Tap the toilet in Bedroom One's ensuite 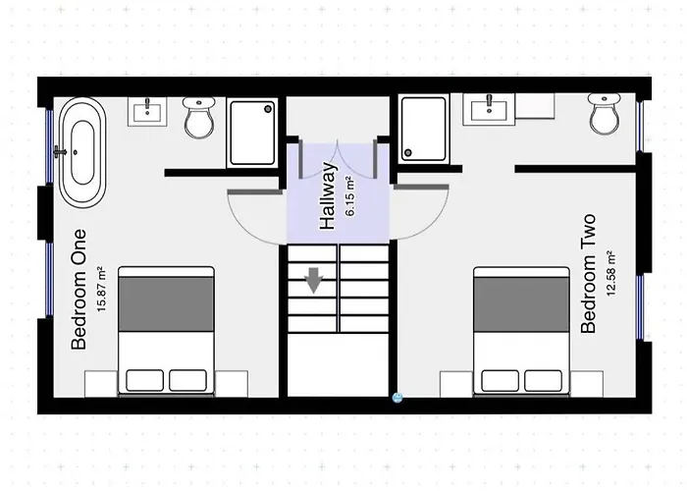[x=199, y=119]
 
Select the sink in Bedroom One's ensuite [x=150, y=110]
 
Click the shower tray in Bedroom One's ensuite [x=253, y=132]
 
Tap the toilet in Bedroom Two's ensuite [x=605, y=116]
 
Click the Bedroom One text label [x=79, y=290]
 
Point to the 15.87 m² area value [x=101, y=291]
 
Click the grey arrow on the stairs [x=314, y=281]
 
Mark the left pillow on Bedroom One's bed [x=144, y=379]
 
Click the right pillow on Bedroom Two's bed [x=543, y=379]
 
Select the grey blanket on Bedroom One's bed [x=166, y=303]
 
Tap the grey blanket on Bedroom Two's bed [x=521, y=303]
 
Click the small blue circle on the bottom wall [x=397, y=398]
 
